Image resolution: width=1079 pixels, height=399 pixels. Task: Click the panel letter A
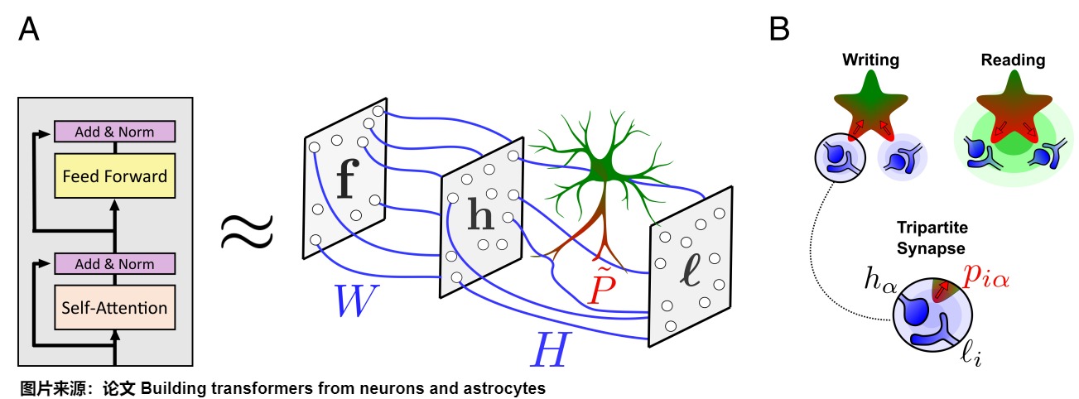click(x=28, y=29)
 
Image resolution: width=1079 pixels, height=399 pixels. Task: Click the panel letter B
click(x=779, y=29)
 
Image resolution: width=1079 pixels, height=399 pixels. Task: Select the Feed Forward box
click(x=114, y=175)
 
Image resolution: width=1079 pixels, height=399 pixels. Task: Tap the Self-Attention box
click(x=114, y=308)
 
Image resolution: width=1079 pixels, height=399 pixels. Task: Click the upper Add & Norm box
click(x=114, y=132)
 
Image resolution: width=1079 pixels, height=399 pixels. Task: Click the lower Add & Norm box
click(x=114, y=264)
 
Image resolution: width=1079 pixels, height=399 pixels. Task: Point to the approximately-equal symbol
click(x=247, y=232)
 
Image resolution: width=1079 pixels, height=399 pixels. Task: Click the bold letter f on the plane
click(x=348, y=179)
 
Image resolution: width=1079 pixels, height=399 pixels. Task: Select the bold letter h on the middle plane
click(x=481, y=214)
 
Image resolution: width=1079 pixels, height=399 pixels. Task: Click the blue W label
click(x=355, y=300)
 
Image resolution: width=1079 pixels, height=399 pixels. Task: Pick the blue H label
click(x=551, y=349)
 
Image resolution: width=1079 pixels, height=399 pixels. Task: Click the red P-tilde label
click(x=602, y=284)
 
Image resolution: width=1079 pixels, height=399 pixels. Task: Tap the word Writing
click(x=870, y=60)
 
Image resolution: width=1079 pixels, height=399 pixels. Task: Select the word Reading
click(x=1013, y=60)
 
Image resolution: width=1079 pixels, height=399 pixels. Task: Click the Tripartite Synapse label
click(x=932, y=238)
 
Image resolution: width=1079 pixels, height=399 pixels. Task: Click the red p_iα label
click(x=986, y=276)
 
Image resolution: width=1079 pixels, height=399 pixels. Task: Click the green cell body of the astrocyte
click(x=602, y=168)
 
